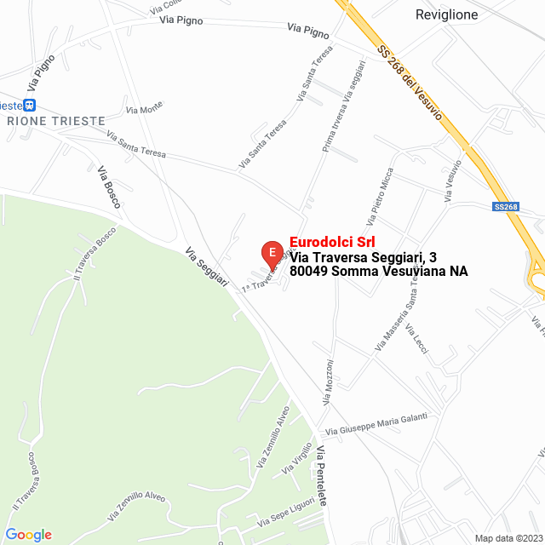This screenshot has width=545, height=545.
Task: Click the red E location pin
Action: coord(272,253)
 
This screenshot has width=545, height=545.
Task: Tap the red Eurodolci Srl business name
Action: coord(332,241)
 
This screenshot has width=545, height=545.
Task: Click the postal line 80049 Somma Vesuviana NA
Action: coord(378,272)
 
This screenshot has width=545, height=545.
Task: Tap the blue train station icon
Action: coord(30,105)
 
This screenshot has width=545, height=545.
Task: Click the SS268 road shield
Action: coord(506,206)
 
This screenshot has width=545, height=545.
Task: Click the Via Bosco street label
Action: coord(109,186)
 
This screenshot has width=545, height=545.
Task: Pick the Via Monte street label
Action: coord(144,108)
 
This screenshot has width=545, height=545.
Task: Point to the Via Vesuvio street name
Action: coord(453,180)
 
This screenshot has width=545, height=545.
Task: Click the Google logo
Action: coord(28,535)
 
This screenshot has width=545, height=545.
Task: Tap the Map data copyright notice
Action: coord(508,538)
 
